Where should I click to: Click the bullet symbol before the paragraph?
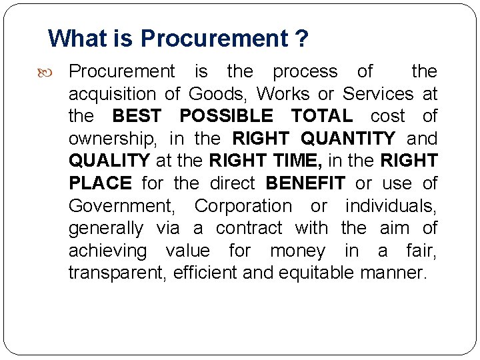click(55, 71)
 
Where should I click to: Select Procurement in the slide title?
click(213, 39)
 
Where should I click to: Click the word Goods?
click(215, 93)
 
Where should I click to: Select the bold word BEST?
click(137, 116)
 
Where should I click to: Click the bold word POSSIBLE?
click(226, 116)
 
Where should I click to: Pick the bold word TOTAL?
click(322, 116)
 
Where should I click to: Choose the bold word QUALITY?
click(109, 161)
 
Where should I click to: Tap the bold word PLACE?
click(100, 183)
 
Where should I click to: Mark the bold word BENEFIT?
click(305, 183)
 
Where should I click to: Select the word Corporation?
click(243, 206)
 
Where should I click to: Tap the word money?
click(298, 251)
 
